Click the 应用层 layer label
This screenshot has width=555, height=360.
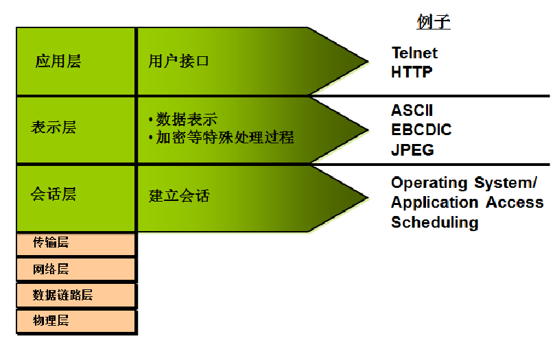pyautogui.click(x=58, y=61)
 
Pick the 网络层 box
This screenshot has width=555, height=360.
pyautogui.click(x=51, y=269)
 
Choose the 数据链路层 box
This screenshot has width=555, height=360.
pyautogui.click(x=62, y=296)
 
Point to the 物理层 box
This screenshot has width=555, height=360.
pyautogui.click(x=51, y=321)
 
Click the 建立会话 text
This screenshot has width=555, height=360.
pyautogui.click(x=179, y=196)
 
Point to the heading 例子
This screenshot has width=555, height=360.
pyautogui.click(x=434, y=21)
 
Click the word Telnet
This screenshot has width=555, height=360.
pyautogui.click(x=414, y=53)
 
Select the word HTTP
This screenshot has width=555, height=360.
pyautogui.click(x=412, y=71)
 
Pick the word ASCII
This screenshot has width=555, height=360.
pyautogui.click(x=412, y=110)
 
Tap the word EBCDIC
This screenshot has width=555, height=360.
pyautogui.click(x=421, y=130)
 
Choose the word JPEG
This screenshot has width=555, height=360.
pyautogui.click(x=412, y=149)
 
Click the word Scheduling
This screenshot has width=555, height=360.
pyautogui.click(x=434, y=222)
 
